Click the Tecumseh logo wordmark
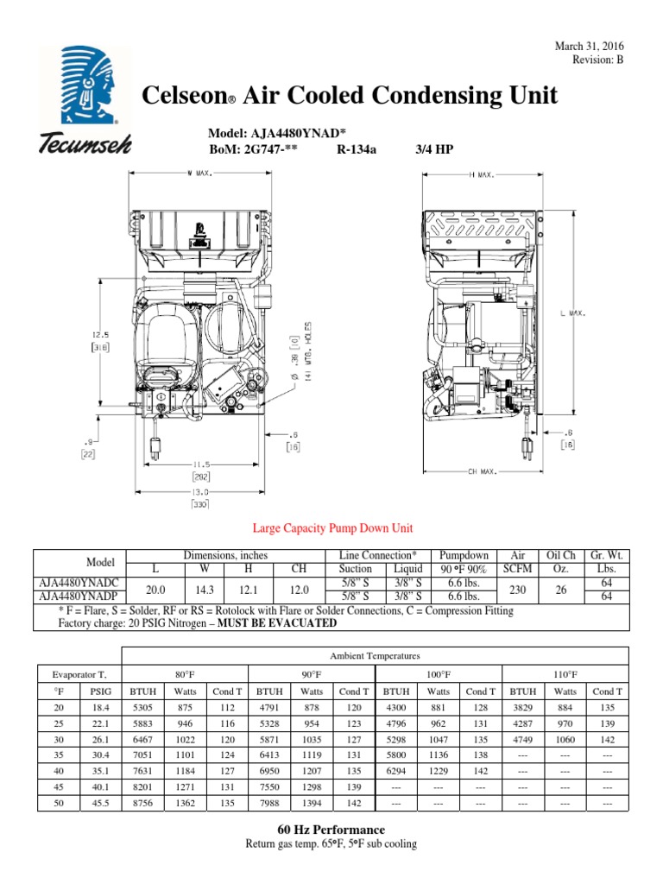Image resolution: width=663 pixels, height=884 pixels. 83,144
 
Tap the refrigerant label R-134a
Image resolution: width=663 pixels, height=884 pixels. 361,149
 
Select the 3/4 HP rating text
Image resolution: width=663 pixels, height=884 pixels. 433,149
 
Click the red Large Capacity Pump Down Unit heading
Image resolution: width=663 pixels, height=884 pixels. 332,528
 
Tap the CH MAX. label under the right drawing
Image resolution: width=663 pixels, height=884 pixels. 483,471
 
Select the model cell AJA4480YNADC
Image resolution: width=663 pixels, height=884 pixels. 77,583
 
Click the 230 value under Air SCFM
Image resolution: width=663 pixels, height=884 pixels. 518,590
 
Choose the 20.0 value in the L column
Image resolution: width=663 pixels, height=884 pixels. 155,590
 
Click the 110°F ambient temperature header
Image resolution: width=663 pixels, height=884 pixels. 565,674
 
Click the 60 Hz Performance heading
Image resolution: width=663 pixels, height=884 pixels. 331,830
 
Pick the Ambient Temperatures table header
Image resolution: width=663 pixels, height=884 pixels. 375,656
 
